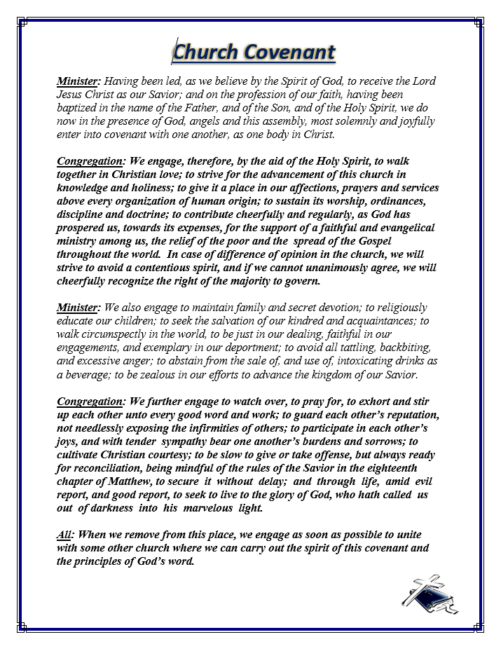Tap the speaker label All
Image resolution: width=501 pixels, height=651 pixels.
63,535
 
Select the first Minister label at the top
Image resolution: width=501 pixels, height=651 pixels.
78,81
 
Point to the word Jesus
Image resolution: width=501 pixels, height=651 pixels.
73,94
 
